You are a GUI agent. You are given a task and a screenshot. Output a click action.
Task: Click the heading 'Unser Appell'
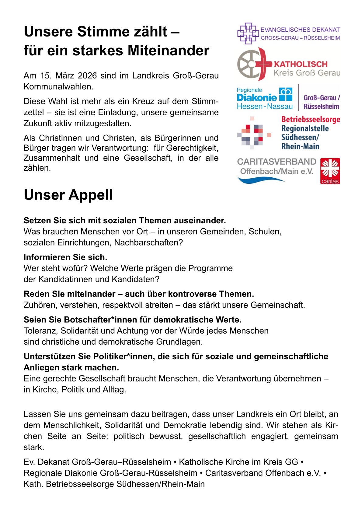pyautogui.click(x=68, y=195)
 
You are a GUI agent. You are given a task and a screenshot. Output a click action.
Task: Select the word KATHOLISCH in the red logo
pyautogui.click(x=301, y=64)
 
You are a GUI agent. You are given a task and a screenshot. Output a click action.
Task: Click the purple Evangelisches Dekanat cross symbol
pyautogui.click(x=247, y=33)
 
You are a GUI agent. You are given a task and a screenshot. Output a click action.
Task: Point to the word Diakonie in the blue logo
pyautogui.click(x=256, y=98)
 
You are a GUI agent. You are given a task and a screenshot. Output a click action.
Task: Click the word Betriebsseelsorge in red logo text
pyautogui.click(x=311, y=120)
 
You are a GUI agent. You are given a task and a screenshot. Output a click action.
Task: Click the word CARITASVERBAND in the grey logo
pyautogui.click(x=277, y=162)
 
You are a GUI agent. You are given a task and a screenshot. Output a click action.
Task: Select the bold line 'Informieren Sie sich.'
pyautogui.click(x=65, y=257)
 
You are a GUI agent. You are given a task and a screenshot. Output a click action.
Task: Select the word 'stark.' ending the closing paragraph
pyautogui.click(x=34, y=448)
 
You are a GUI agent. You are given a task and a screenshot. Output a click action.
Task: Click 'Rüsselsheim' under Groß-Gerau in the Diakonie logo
pyautogui.click(x=321, y=106)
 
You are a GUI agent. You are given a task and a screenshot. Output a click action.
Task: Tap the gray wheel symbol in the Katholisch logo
pyautogui.click(x=248, y=64)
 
